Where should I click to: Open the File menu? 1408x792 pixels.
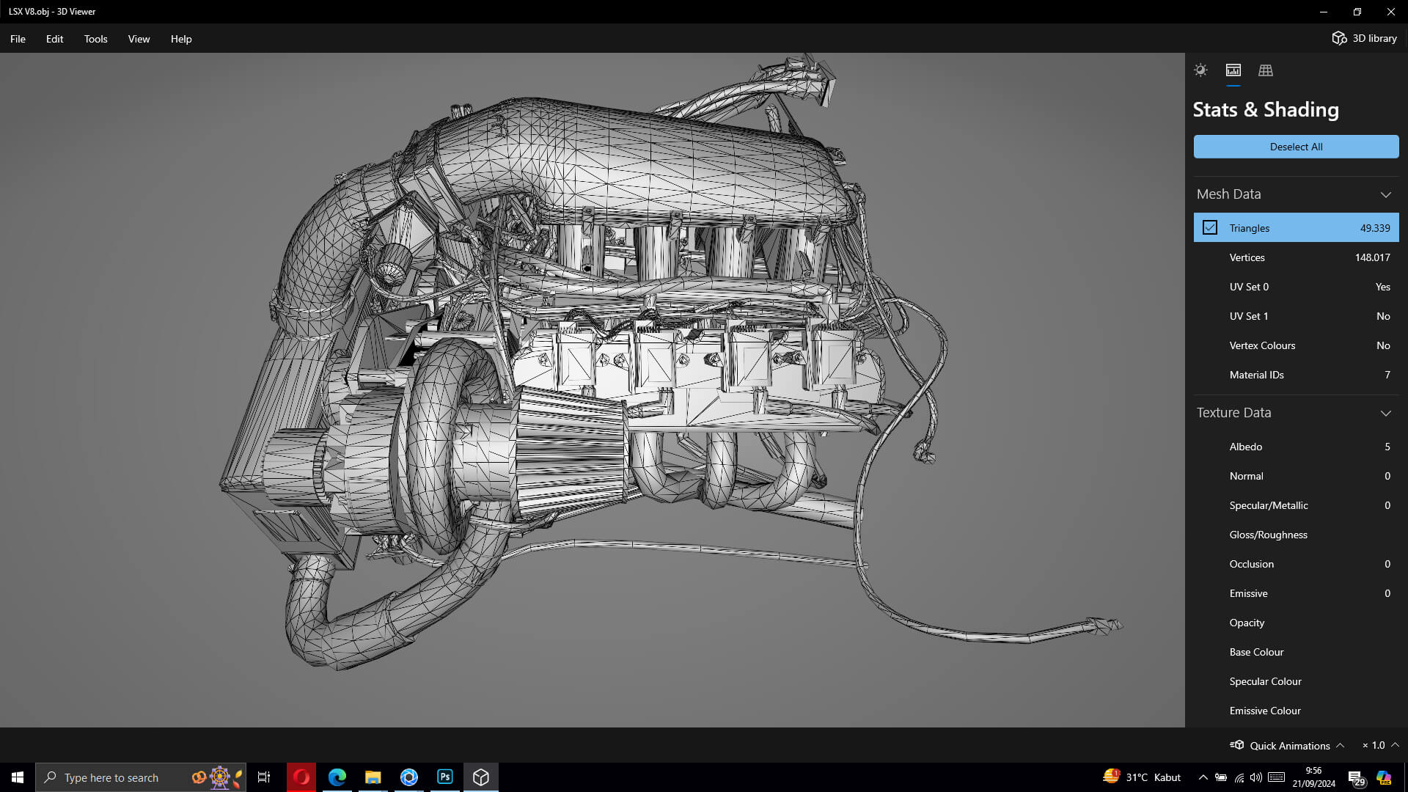[x=18, y=39]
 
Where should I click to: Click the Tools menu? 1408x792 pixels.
[x=95, y=39]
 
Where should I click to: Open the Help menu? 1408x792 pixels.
[x=181, y=39]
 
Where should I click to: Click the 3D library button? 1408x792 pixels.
[x=1365, y=38]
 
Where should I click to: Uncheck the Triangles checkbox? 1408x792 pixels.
[x=1210, y=228]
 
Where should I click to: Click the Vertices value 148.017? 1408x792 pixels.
[x=1372, y=257]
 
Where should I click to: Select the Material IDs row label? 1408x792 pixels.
[x=1256, y=375]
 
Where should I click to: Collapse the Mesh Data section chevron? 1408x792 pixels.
[x=1385, y=194]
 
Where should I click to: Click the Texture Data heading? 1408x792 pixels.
[x=1233, y=413]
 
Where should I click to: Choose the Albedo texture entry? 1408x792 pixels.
[x=1245, y=447]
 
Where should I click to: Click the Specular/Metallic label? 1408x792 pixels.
[x=1268, y=505]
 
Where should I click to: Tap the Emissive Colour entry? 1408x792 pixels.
[x=1264, y=711]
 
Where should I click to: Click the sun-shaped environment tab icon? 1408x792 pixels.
[x=1200, y=70]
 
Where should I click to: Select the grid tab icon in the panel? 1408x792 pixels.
[x=1265, y=70]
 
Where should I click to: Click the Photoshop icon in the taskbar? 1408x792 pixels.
[x=445, y=777]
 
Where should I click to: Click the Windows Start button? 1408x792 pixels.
[x=18, y=777]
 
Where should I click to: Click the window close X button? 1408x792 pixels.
[x=1390, y=12]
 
